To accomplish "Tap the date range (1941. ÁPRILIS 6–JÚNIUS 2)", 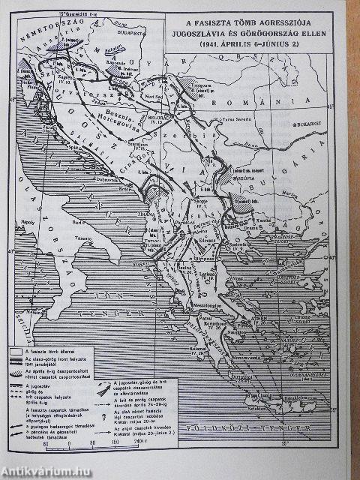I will point(263,44).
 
